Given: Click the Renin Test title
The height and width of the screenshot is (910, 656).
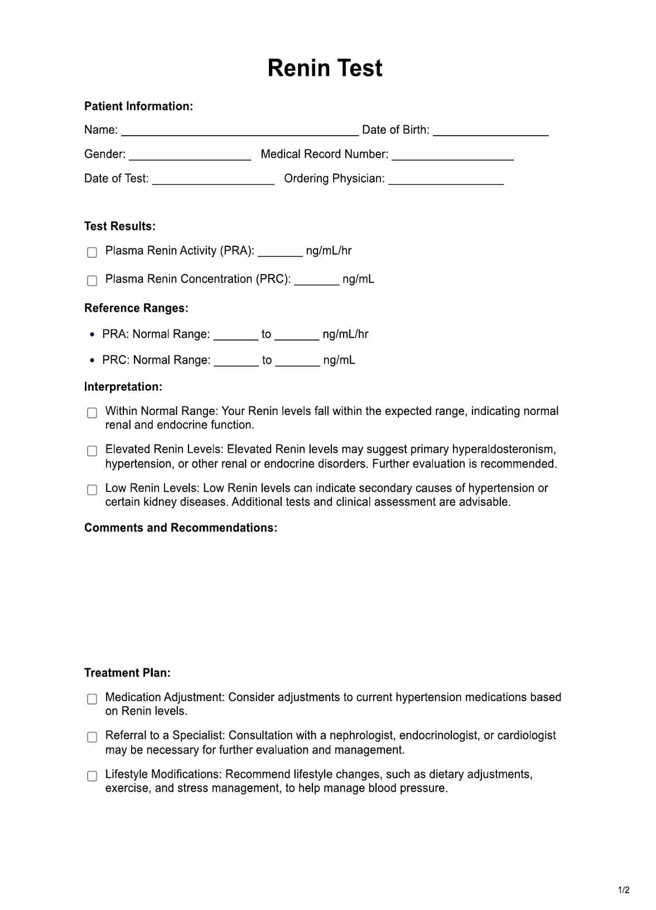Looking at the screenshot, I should (x=325, y=69).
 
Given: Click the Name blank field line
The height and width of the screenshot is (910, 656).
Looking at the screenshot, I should (x=240, y=131).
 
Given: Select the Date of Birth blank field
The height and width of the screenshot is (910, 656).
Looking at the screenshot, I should (x=490, y=131).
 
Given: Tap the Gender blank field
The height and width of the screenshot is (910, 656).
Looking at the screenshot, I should (x=190, y=156).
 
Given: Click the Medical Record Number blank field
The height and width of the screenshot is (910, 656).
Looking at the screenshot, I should (x=452, y=156).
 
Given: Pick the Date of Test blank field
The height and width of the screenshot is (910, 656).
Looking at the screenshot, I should (x=213, y=180).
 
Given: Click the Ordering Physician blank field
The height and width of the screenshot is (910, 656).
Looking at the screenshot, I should (x=446, y=180).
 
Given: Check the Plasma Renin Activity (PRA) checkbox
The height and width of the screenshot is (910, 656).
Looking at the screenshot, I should (x=92, y=252).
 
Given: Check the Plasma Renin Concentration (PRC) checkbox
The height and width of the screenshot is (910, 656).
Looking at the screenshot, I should (x=92, y=280).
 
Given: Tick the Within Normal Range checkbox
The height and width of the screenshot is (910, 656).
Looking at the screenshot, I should (x=92, y=413).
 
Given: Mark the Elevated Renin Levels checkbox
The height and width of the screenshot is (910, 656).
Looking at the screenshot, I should (x=92, y=451).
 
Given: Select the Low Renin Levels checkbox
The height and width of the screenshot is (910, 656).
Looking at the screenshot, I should (x=92, y=490).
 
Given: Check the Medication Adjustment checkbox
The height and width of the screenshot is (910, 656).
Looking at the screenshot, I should (x=92, y=699).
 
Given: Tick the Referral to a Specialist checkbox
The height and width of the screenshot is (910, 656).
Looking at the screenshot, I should (x=92, y=737).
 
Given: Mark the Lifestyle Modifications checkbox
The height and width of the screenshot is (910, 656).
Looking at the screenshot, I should (x=92, y=776).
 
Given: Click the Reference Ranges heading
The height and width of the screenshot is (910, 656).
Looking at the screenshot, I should (x=136, y=308).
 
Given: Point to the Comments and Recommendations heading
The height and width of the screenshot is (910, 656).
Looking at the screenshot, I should (x=180, y=528).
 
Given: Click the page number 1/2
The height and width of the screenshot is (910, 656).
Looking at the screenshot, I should (x=624, y=890).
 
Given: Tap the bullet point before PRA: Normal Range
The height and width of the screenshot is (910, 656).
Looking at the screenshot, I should (x=92, y=334).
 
